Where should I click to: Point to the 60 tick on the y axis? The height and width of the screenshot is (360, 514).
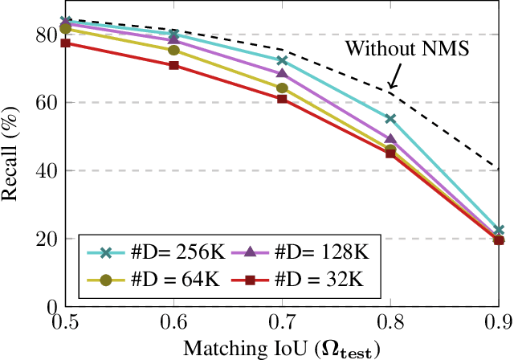coord(49,103)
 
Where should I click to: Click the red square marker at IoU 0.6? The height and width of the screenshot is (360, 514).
coord(173,65)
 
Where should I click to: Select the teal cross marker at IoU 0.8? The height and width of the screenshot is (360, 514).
coord(390,119)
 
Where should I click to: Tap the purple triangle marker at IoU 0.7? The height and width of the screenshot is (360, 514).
coord(282,74)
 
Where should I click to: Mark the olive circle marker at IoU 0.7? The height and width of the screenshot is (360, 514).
coord(282,88)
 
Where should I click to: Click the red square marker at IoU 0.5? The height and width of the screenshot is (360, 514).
coord(66,43)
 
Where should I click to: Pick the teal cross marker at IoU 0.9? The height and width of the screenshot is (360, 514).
coord(498,231)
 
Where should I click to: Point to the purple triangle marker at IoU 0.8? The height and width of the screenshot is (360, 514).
coord(390,139)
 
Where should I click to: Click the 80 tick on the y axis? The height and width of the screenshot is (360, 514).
coord(49,35)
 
